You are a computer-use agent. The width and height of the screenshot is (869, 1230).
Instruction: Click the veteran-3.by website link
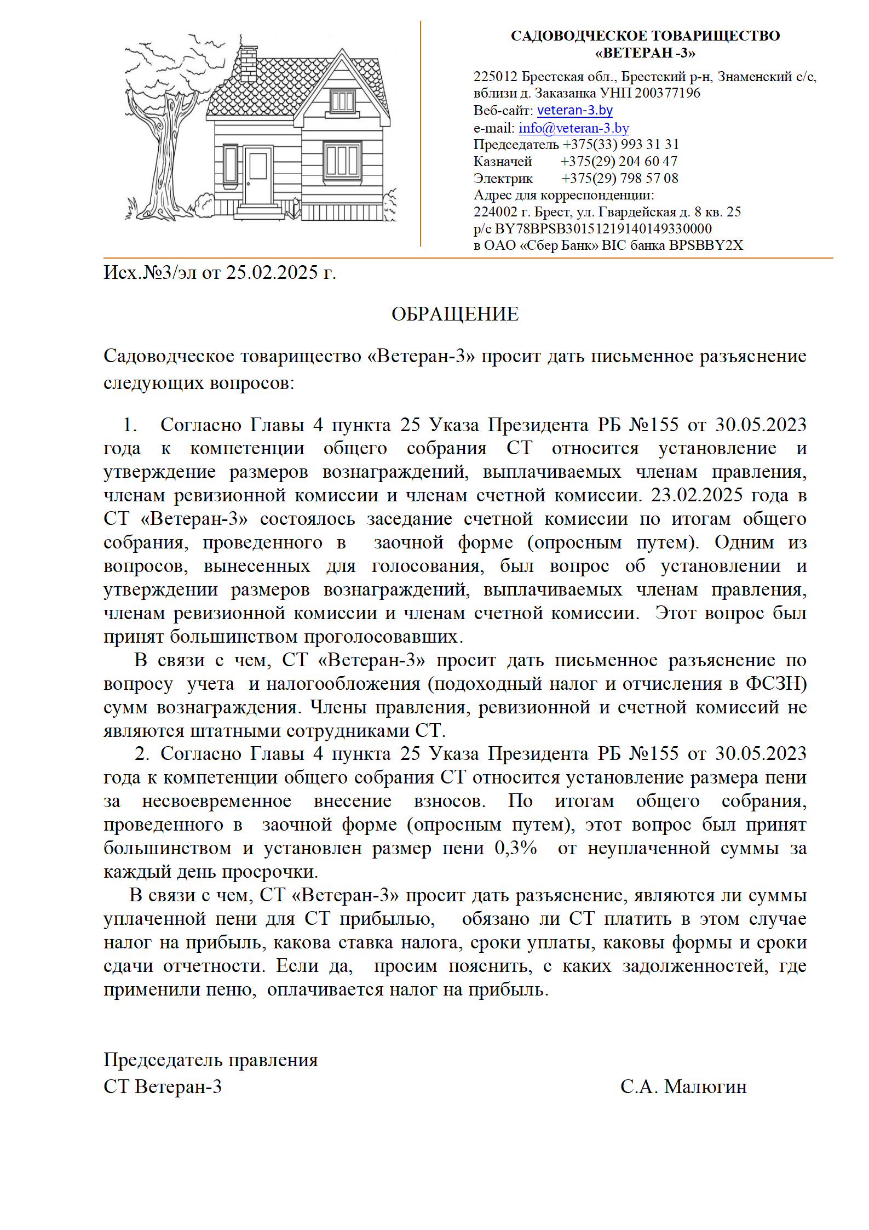coord(574,110)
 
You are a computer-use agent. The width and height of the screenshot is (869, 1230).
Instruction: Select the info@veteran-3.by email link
coord(573,128)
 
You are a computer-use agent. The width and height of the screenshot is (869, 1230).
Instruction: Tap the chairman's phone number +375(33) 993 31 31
coord(620,144)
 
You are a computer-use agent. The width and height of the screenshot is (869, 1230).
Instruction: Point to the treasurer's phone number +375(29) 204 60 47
coord(619,161)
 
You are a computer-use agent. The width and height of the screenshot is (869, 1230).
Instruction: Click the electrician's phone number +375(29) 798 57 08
coord(619,178)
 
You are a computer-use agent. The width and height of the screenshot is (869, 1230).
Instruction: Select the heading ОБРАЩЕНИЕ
coord(454,314)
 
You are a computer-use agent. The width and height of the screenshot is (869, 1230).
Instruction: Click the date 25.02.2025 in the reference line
coord(272,272)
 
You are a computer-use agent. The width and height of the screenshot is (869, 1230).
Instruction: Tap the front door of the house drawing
coord(258,175)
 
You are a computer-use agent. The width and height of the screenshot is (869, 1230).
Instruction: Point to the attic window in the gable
coord(343,101)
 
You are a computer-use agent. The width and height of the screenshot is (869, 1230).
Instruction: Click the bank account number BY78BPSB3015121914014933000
coord(603,228)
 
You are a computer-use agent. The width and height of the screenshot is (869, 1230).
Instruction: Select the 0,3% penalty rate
coord(515,848)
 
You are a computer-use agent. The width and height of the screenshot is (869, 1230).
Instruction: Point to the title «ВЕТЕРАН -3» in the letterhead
coord(644,53)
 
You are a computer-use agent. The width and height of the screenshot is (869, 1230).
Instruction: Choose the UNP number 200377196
coord(667,93)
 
